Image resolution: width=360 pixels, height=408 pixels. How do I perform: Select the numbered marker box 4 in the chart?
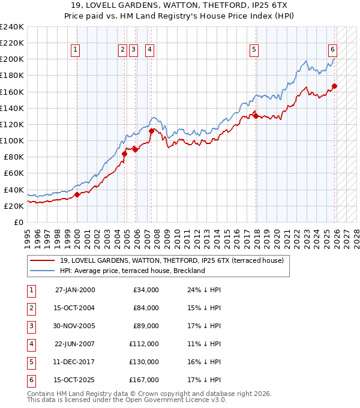point(149,50)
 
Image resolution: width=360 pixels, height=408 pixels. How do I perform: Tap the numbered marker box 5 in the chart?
point(254,50)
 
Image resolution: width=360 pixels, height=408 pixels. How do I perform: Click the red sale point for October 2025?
point(334,86)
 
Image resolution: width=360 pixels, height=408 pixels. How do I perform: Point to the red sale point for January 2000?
point(77,194)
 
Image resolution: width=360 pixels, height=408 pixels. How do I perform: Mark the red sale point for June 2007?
point(151,131)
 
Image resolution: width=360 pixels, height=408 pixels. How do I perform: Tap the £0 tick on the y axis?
point(18,222)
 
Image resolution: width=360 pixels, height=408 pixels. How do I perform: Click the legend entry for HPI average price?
point(132,271)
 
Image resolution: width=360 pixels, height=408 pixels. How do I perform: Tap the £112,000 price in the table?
point(144,344)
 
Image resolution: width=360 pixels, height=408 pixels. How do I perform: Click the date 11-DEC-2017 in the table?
point(74,362)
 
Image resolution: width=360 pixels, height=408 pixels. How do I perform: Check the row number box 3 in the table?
point(31,326)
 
